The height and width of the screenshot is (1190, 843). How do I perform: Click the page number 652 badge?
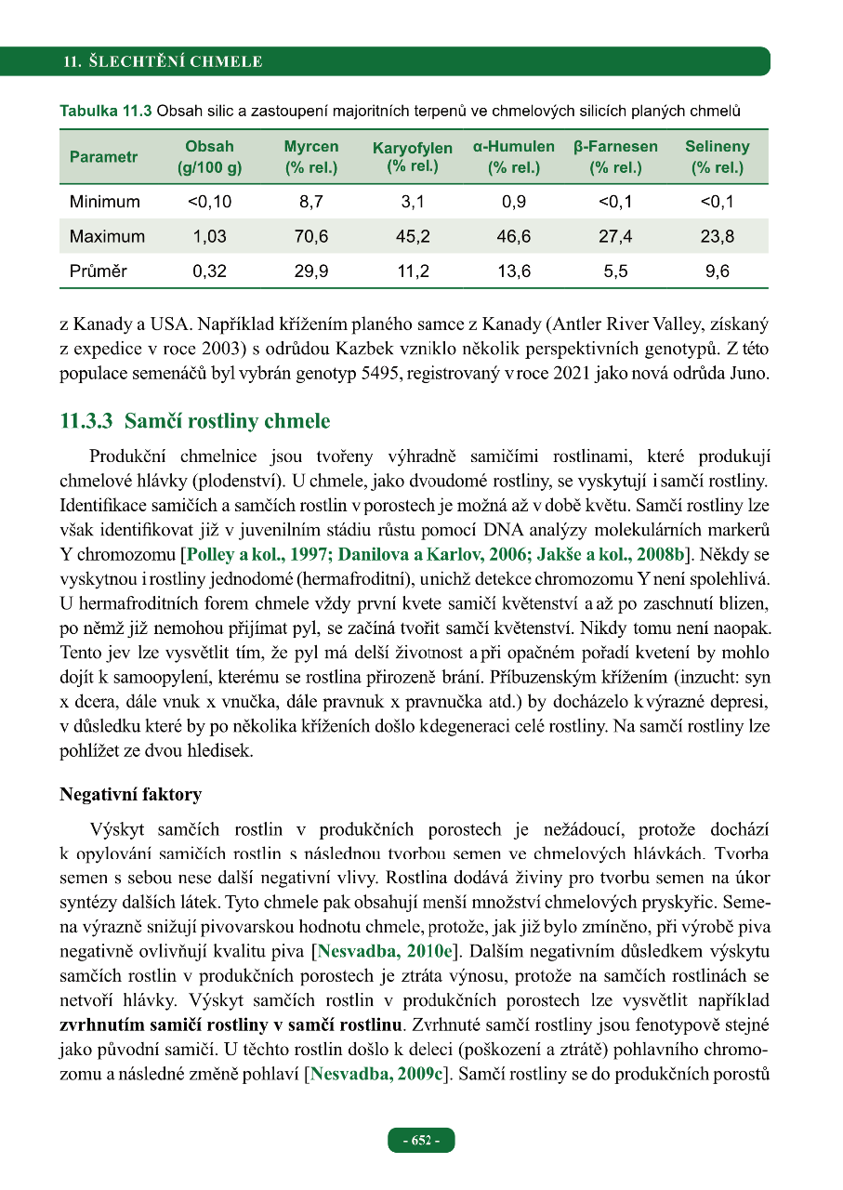[421, 1141]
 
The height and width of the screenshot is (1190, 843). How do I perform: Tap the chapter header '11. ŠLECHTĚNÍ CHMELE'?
[163, 62]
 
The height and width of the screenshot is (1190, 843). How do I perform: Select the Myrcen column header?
[311, 157]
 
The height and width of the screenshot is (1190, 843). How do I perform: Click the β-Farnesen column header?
[615, 157]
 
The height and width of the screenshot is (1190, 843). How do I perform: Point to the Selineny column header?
[717, 157]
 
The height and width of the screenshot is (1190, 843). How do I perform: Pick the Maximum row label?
[107, 236]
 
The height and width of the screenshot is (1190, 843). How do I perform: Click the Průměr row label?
[99, 271]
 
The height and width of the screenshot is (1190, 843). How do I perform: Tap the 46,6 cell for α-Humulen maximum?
[514, 236]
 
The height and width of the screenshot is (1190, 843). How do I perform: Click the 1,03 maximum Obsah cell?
[210, 236]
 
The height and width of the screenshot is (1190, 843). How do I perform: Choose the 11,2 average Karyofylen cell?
[413, 271]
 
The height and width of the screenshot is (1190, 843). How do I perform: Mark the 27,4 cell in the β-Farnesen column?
[615, 236]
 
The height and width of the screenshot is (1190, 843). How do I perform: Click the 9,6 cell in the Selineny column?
[717, 271]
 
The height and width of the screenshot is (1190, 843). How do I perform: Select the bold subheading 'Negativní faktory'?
[130, 795]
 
